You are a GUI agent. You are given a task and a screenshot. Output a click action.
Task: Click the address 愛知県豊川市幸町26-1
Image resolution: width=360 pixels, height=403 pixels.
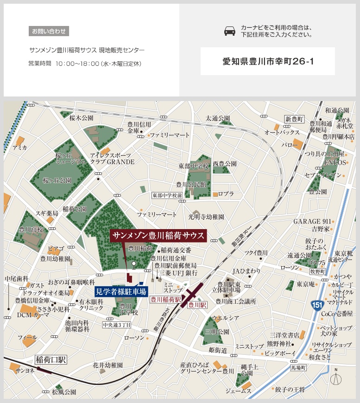coord(268,61)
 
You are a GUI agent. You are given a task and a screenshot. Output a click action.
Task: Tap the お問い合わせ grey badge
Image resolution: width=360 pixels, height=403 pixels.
coord(49,32)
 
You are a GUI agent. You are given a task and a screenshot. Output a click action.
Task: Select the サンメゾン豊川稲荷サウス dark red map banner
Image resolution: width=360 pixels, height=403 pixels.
coord(158,236)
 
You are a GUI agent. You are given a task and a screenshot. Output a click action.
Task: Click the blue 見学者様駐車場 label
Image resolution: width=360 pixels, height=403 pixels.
coord(120,292)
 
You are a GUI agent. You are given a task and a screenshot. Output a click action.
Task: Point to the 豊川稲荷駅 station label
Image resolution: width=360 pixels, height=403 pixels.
coord(165,299)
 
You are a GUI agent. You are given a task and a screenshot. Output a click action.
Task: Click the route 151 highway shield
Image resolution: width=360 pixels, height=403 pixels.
coord(315,304)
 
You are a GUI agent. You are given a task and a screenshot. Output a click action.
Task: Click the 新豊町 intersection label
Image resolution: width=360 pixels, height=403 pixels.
coord(294,119)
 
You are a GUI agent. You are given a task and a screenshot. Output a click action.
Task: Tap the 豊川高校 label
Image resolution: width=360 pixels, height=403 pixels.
coord(31,229)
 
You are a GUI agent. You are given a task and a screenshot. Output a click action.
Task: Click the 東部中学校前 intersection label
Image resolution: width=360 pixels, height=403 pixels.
coord(167,196)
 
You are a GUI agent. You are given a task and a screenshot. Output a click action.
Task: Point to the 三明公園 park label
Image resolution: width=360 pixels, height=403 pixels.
coord(220,332)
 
